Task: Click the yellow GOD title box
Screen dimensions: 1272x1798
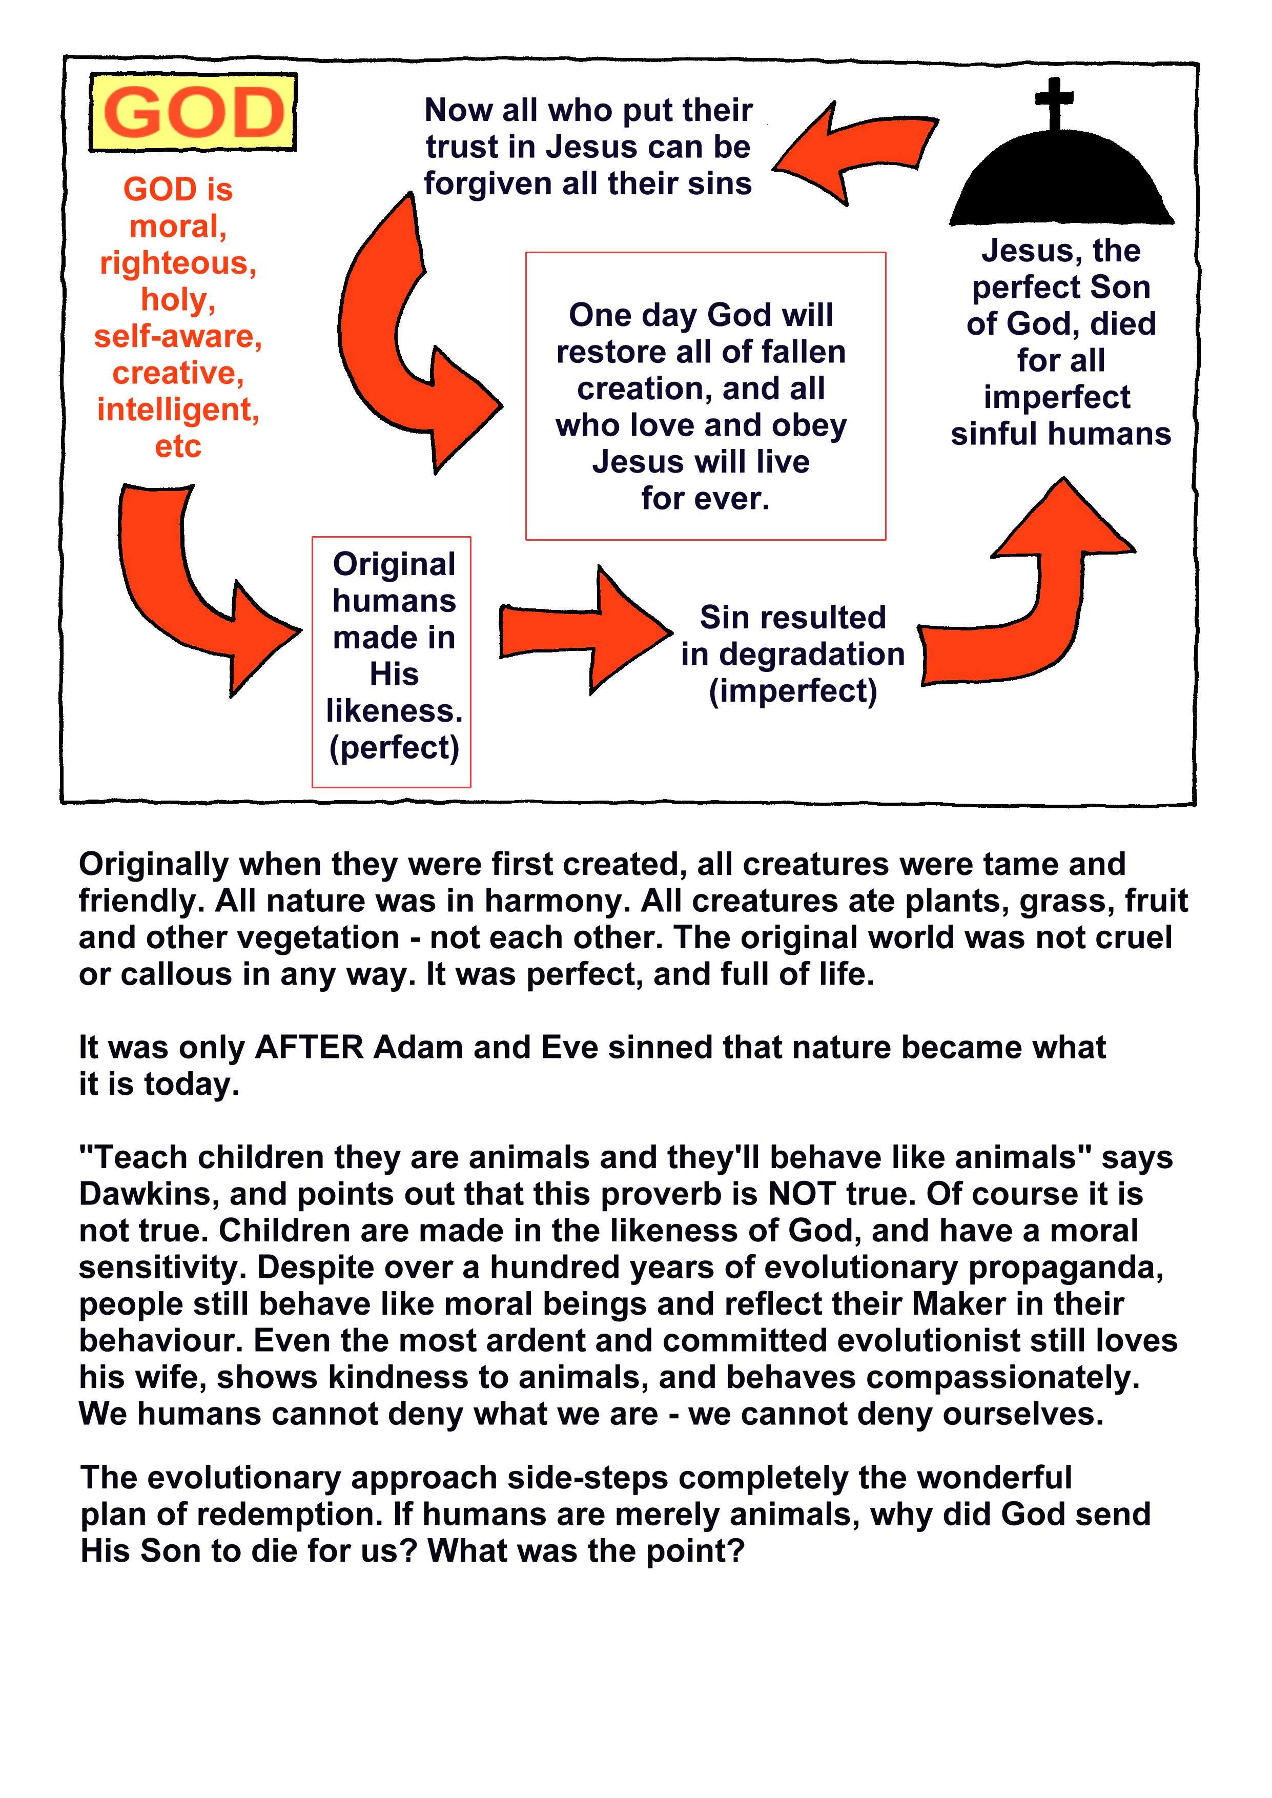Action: tap(193, 112)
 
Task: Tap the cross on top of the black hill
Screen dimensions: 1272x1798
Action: tap(1054, 104)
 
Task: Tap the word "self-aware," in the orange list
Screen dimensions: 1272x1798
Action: tap(178, 337)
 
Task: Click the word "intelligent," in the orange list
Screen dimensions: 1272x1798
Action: tap(178, 410)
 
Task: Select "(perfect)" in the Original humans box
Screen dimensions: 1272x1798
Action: tap(394, 748)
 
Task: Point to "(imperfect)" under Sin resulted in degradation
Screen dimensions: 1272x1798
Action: tap(793, 691)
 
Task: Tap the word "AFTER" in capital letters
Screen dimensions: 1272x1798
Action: tap(310, 1047)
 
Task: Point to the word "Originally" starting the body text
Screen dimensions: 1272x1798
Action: tap(154, 865)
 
